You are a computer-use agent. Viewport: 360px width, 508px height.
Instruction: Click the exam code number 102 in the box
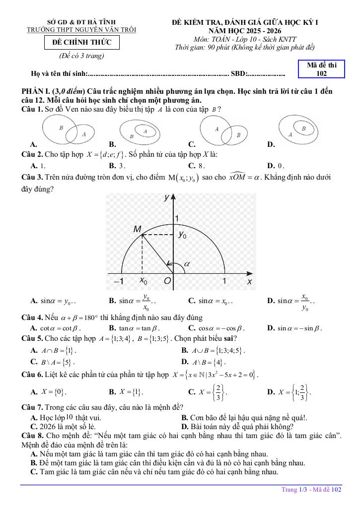click(x=321, y=73)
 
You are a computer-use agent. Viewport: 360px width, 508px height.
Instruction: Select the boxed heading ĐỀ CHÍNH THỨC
click(x=81, y=43)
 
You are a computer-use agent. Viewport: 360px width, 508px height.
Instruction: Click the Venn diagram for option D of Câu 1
click(x=299, y=130)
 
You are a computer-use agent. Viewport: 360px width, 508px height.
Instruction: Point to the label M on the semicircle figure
click(x=138, y=229)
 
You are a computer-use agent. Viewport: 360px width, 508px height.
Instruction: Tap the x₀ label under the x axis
click(x=143, y=281)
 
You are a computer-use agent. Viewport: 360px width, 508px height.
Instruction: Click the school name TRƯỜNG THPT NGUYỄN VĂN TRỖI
click(x=81, y=30)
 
